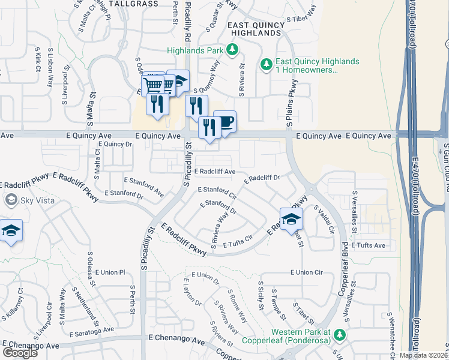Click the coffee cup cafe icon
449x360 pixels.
224,122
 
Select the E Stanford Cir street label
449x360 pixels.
217,193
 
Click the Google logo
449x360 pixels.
20,353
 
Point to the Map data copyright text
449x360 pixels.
424,355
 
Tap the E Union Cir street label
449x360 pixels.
306,272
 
